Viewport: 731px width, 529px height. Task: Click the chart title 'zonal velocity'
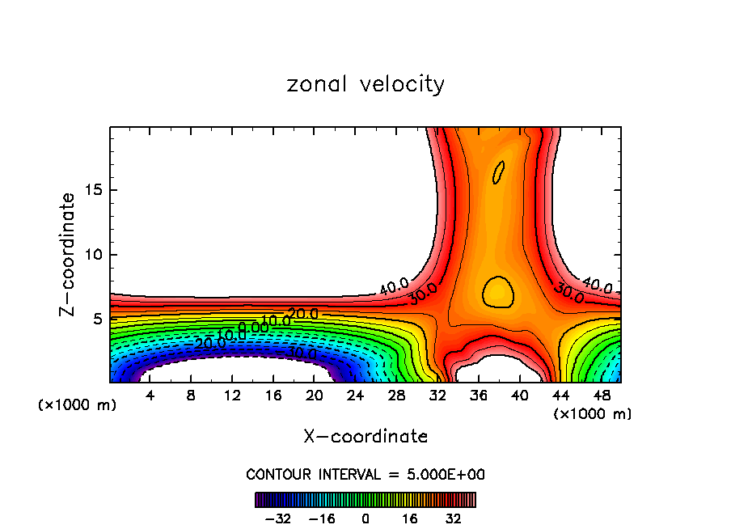[x=365, y=84]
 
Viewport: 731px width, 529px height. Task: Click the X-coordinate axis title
[x=365, y=437]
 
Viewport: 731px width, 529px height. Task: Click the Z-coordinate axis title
[x=68, y=254]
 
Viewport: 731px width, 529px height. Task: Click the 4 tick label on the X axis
[x=150, y=395]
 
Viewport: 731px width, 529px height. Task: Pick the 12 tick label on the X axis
[x=232, y=395]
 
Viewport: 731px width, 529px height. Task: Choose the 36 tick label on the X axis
[x=478, y=395]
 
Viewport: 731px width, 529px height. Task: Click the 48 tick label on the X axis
[x=601, y=395]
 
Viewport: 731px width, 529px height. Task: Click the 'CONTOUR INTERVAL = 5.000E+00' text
[x=365, y=474]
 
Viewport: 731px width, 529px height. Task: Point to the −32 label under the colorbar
[x=279, y=518]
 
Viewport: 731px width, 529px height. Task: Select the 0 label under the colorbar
[x=365, y=518]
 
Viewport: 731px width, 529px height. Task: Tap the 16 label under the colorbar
[x=410, y=518]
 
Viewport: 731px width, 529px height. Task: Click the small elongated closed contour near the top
[x=498, y=172]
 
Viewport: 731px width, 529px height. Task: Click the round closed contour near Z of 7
[x=498, y=291]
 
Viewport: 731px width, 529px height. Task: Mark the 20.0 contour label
[x=303, y=314]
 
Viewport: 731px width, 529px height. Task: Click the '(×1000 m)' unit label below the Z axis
[x=78, y=405]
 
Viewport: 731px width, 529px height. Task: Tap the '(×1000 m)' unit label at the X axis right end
[x=593, y=414]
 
